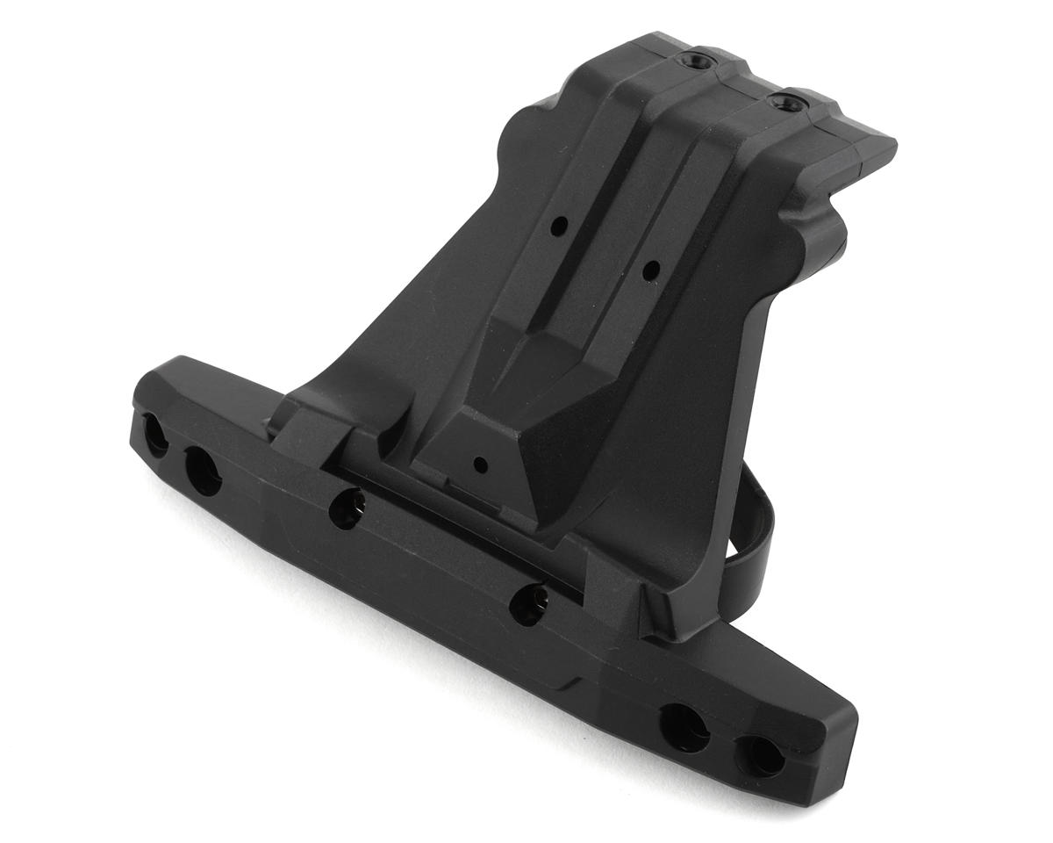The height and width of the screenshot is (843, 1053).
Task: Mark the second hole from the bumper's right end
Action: (684, 724)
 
